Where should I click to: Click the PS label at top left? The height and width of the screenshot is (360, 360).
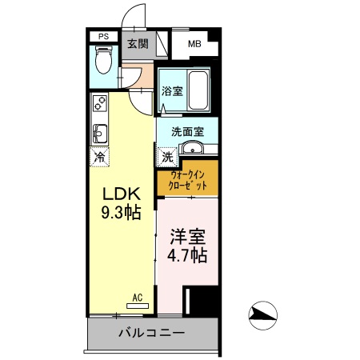(103, 36)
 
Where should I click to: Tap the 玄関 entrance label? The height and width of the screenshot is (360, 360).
(137, 44)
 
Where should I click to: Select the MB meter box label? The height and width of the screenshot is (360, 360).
(194, 45)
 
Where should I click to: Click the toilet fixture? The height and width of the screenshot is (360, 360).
(103, 61)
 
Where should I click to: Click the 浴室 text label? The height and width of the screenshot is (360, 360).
(171, 90)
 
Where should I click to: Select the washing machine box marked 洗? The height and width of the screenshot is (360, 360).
(167, 155)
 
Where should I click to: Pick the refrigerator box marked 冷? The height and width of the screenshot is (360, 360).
(101, 156)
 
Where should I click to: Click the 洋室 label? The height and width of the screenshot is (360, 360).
(187, 238)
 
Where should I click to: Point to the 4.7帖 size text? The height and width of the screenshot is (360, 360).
(187, 256)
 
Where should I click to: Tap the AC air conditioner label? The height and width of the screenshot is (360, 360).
(137, 298)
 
